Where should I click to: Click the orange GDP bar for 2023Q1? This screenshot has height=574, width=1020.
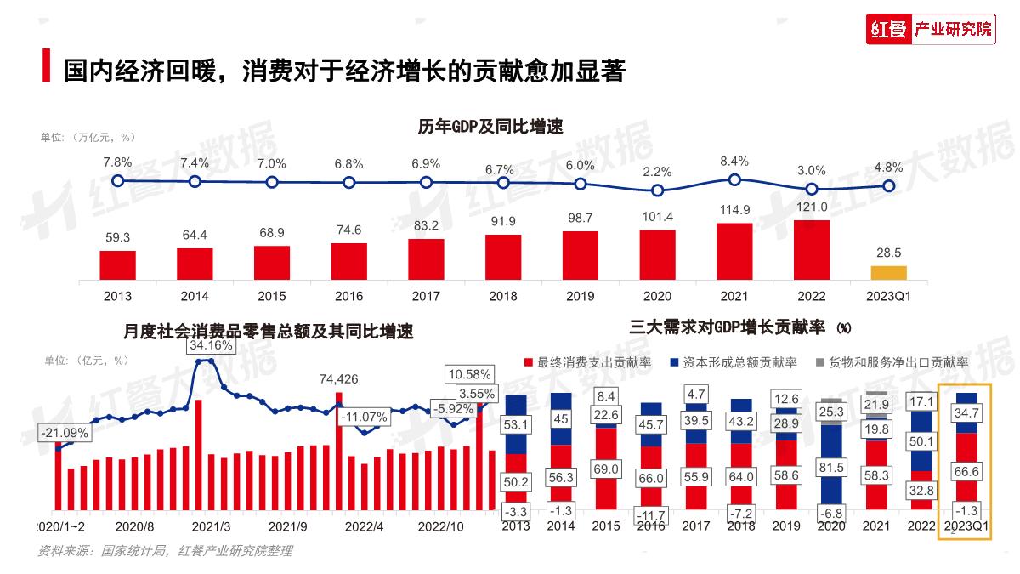888,273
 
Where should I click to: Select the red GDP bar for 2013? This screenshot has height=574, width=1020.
117,265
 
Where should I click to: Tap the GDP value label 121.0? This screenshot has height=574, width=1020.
812,207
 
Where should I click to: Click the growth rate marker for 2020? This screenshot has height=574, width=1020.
657,190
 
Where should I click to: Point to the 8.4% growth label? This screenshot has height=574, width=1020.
734,161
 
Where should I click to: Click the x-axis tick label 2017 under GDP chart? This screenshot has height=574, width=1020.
426,296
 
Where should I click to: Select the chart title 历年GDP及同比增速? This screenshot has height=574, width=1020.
490,126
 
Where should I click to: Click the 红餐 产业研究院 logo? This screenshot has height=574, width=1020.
930,30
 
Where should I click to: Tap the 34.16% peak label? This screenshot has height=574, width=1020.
212,346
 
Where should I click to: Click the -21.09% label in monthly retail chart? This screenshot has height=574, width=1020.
64,432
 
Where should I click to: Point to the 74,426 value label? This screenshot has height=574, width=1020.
338,378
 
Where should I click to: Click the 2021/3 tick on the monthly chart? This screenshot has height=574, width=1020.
206,526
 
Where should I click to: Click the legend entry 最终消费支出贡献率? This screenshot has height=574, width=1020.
586,362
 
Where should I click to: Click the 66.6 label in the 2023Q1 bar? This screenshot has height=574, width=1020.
969,470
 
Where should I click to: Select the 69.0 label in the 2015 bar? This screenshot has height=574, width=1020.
605,469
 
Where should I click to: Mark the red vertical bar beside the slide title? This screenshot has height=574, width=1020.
45,67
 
